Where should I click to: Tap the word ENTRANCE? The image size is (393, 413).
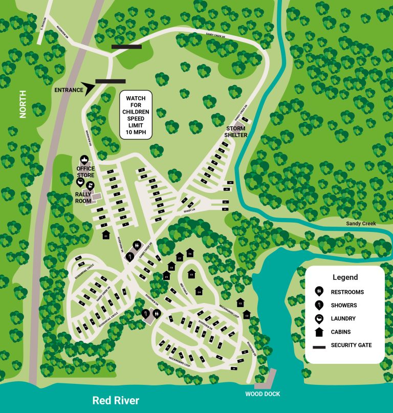tap(69, 91)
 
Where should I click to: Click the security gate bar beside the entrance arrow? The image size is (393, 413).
tap(110, 81)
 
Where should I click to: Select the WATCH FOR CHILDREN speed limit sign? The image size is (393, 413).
tap(137, 115)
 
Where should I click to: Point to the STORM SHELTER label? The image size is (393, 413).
tap(236, 132)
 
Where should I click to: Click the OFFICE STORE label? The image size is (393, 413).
tap(86, 171)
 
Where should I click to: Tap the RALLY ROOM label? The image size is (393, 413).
tap(86, 198)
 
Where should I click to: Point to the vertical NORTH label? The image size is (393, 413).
tap(23, 105)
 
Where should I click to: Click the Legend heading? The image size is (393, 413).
tap(345, 277)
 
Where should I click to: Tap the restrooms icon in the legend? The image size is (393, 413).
tap(319, 292)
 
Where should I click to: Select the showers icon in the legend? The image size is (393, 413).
tap(319, 305)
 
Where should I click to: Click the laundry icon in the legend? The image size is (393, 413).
tap(319, 318)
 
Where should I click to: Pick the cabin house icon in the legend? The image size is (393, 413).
tap(319, 332)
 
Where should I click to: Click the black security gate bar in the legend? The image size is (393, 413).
tap(319, 345)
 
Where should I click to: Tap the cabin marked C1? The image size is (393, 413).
tap(106, 235)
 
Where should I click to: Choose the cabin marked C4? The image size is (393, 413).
tap(199, 291)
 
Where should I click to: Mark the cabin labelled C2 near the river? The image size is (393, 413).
tap(247, 315)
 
